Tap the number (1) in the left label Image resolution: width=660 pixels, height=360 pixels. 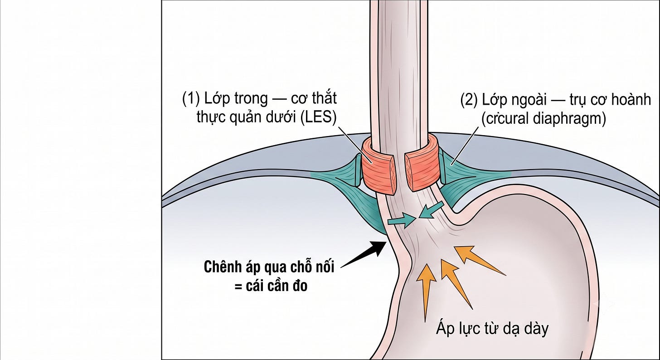click(x=191, y=99)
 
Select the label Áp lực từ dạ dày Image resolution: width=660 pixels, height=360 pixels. click(x=492, y=328)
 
